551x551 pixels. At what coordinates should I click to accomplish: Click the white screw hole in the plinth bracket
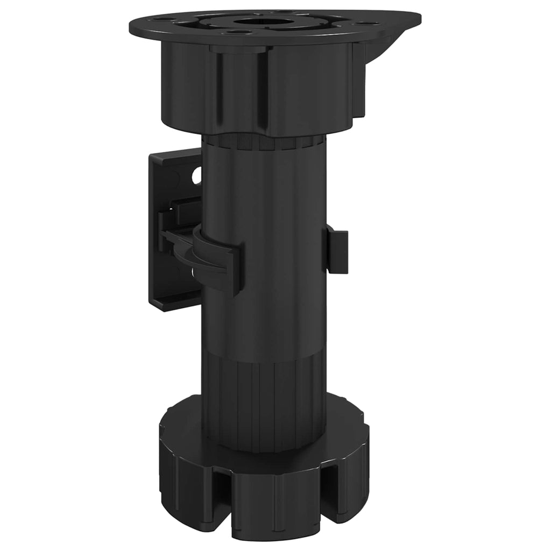click(x=196, y=174)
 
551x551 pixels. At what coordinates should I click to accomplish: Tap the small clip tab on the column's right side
click(x=337, y=250)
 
